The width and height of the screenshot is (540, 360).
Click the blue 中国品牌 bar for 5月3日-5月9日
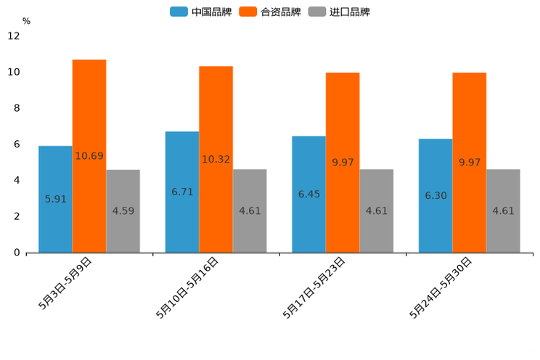55,174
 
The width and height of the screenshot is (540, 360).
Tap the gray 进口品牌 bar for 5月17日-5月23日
376,189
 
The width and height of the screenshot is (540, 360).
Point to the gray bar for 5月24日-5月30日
503,189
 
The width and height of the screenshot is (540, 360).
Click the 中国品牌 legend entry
200,12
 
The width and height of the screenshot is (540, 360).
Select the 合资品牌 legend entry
270,12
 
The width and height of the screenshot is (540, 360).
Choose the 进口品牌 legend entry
339,12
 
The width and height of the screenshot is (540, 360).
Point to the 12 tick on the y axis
14,36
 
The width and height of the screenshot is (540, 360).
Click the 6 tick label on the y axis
17,144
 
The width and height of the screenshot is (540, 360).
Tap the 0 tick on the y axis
17,253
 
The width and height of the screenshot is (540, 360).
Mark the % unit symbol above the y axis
26,21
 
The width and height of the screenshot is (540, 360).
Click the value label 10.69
89,156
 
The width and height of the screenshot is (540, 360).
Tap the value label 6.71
182,192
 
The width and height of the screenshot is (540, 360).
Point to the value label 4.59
123,211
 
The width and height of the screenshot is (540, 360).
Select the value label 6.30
435,196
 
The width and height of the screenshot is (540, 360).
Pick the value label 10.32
216,159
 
